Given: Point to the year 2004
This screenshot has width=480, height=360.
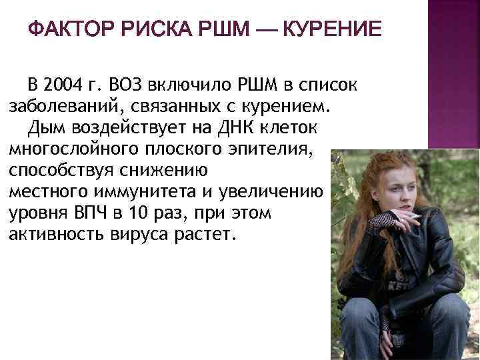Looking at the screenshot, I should (64, 85).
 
